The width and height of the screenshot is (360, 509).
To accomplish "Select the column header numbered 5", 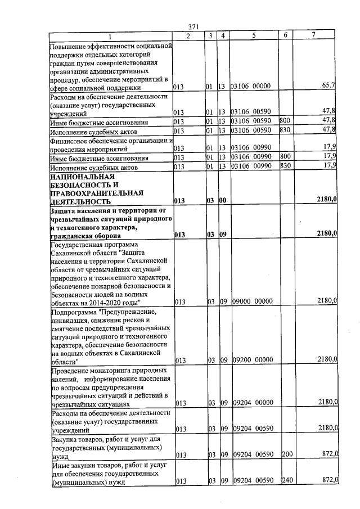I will (x=254, y=35).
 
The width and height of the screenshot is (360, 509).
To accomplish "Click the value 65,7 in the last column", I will (x=328, y=85).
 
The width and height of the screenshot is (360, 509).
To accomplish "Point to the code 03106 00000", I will (x=251, y=86).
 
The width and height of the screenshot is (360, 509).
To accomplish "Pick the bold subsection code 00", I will (x=223, y=201).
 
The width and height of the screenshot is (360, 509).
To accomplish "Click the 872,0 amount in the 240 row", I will (x=328, y=480).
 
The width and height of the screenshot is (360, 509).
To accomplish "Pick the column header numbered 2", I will (x=188, y=35).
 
